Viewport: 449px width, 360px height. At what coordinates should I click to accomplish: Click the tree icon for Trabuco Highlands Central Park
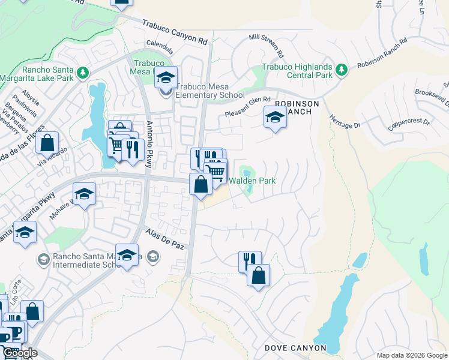(342, 70)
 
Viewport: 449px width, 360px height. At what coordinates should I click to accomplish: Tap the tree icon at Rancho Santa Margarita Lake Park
(82, 73)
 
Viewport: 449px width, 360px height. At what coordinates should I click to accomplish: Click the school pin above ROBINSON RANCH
(275, 116)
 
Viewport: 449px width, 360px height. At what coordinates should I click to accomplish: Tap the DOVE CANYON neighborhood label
(295, 348)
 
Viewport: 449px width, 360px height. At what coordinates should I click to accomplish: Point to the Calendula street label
(160, 44)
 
